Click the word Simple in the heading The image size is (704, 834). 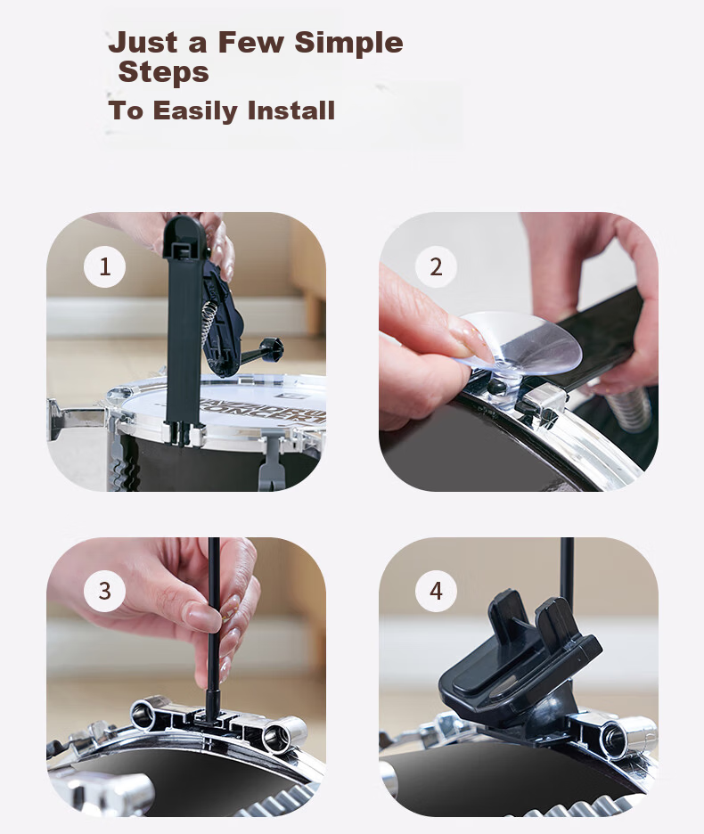(348, 43)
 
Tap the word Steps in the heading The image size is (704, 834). (163, 72)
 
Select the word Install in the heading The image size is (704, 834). (291, 110)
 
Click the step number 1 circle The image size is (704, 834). (105, 266)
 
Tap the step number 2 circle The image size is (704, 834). (436, 266)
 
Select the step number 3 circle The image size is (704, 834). (105, 591)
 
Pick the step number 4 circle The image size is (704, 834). (436, 591)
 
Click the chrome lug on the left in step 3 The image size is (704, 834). (148, 714)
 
